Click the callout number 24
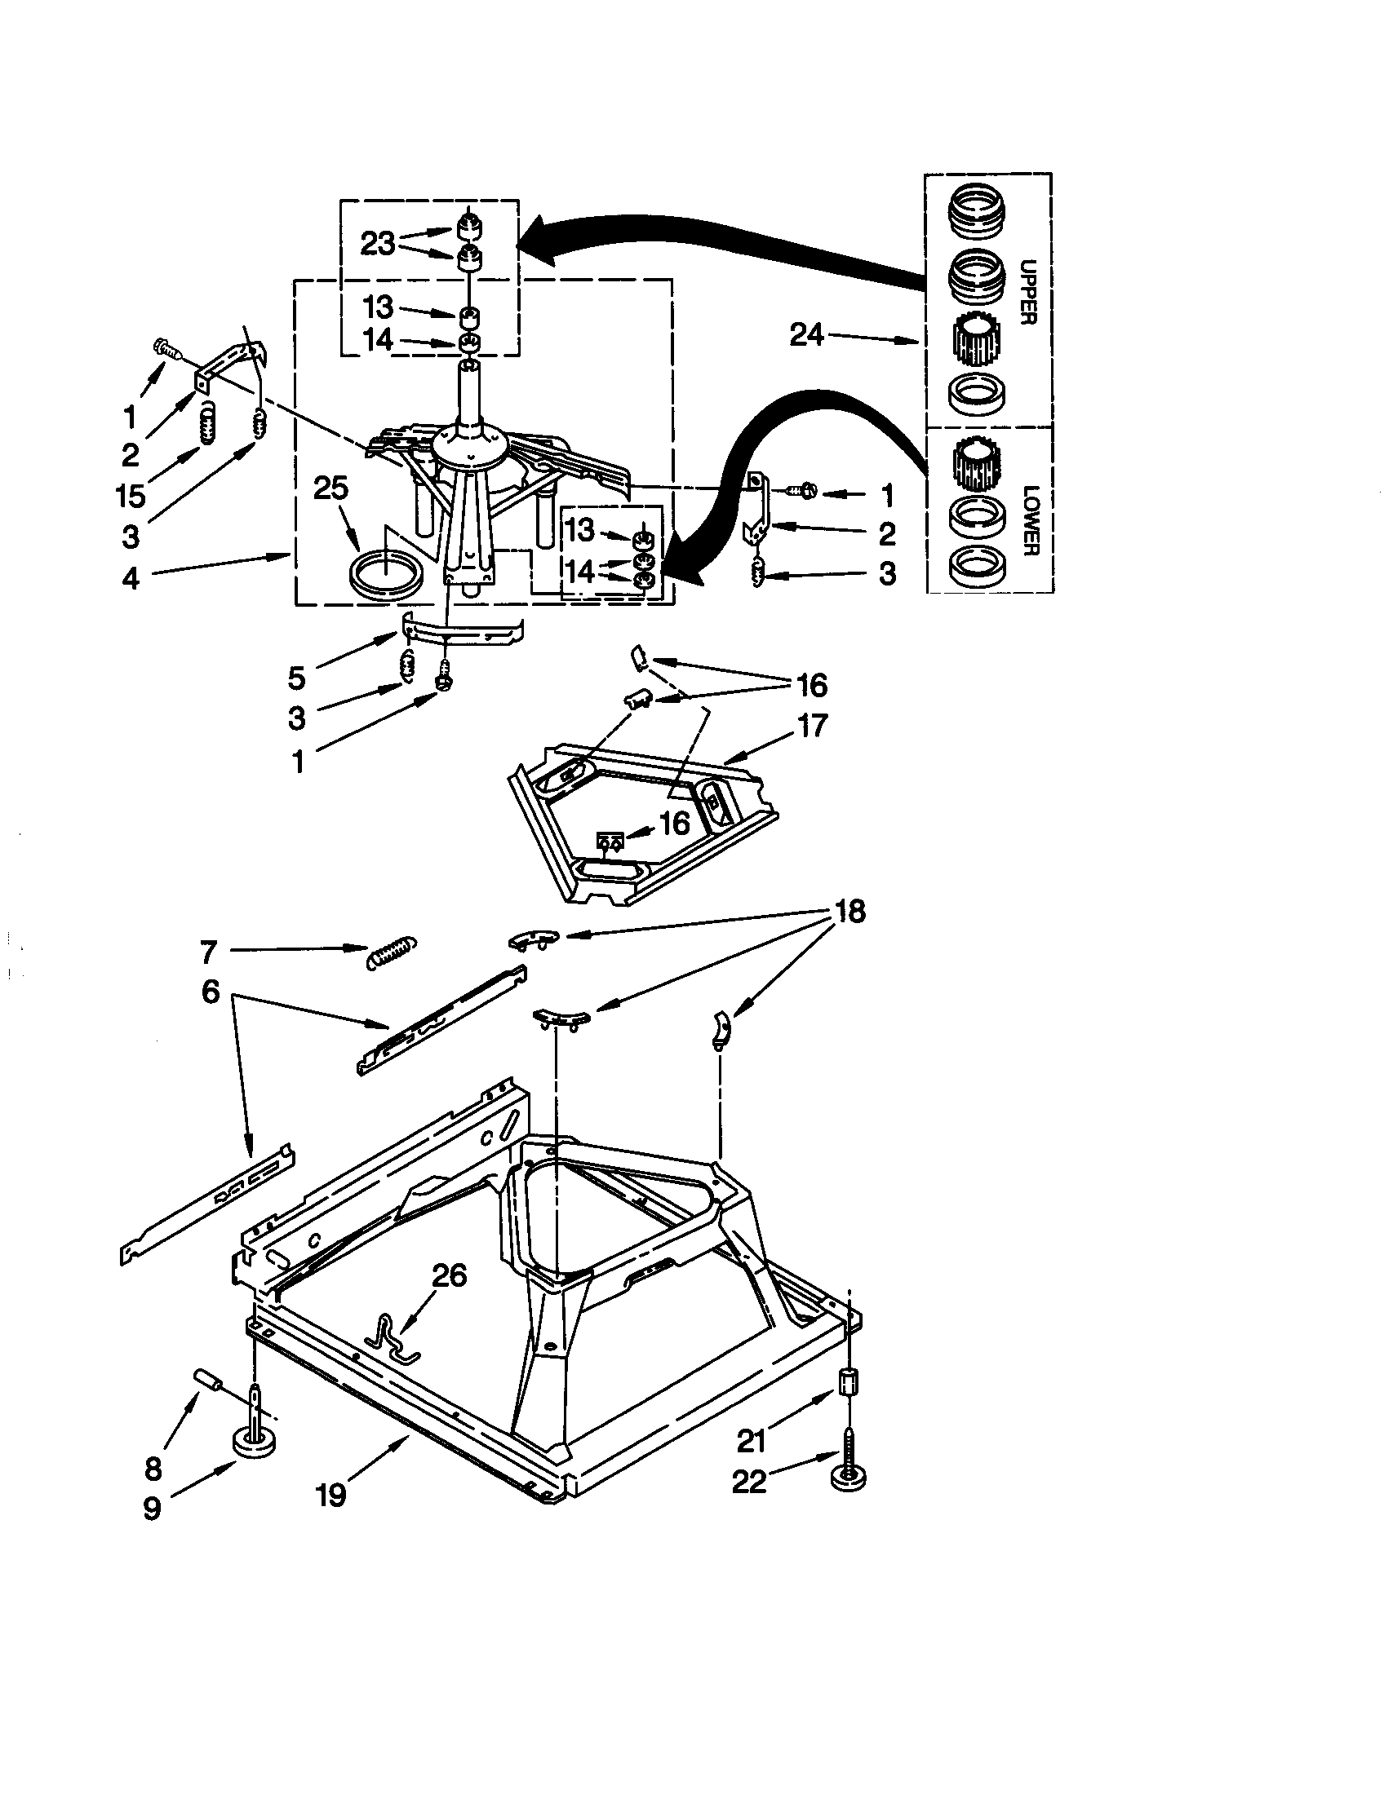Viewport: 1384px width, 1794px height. [806, 334]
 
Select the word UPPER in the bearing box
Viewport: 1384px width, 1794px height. [1027, 292]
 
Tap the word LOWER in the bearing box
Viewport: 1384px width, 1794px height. [1031, 520]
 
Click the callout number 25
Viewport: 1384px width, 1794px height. [331, 488]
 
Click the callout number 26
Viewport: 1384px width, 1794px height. [449, 1275]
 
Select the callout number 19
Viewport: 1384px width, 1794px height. [330, 1496]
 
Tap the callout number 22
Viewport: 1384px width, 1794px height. [748, 1482]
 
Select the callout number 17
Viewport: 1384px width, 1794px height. [812, 725]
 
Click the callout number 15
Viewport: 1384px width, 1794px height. [131, 495]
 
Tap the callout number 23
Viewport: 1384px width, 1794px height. [377, 243]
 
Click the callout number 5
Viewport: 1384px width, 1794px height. [297, 678]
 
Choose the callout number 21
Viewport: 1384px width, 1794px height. [752, 1440]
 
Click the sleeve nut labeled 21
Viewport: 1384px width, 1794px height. [848, 1380]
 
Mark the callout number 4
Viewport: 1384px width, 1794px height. [131, 578]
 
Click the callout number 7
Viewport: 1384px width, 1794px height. [208, 951]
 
